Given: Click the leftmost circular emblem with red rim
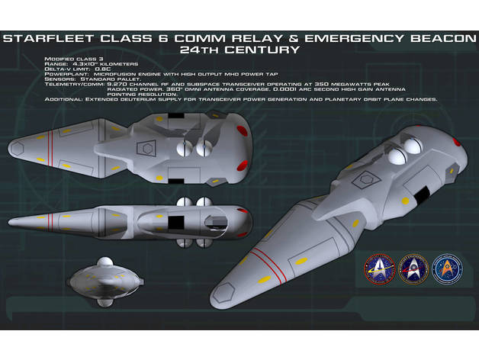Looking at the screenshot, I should (380, 269).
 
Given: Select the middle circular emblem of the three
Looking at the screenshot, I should (414, 269).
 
